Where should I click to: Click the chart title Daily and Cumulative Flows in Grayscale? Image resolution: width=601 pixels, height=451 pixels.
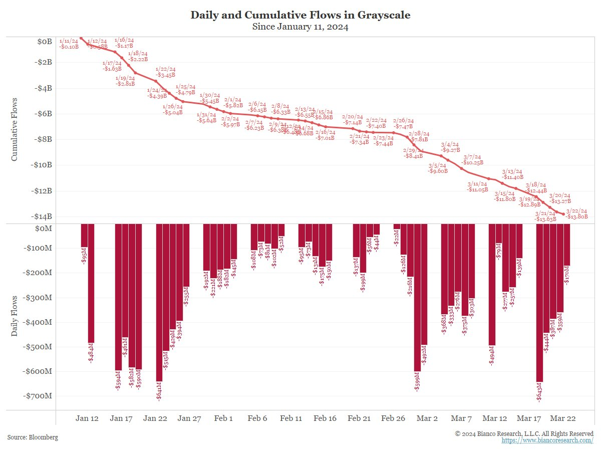coord(300,15)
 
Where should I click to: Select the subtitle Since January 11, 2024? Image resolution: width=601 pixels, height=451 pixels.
coord(300,27)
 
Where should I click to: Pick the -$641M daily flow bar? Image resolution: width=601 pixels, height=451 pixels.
coord(159,301)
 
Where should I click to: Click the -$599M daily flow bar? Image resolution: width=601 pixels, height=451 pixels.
coord(417,296)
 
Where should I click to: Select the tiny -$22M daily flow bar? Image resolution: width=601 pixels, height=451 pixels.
coord(397,227)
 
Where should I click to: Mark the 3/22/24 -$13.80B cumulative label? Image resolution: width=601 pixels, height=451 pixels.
coord(577,213)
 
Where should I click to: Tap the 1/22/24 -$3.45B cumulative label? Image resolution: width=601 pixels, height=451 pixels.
coord(165,72)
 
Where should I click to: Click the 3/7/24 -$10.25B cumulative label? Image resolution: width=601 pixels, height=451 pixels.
coord(472,160)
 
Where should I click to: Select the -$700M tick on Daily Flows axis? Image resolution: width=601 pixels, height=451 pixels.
coord(38,396)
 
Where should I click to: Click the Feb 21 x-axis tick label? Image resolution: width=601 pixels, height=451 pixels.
coord(359,418)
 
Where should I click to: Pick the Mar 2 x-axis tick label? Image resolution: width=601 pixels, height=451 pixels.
coord(427,418)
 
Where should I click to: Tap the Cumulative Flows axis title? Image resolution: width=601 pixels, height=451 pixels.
coord(15,129)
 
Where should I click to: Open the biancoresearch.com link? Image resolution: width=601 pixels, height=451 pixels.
coord(547,440)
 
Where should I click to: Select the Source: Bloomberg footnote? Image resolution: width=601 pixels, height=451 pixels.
coord(33,437)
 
